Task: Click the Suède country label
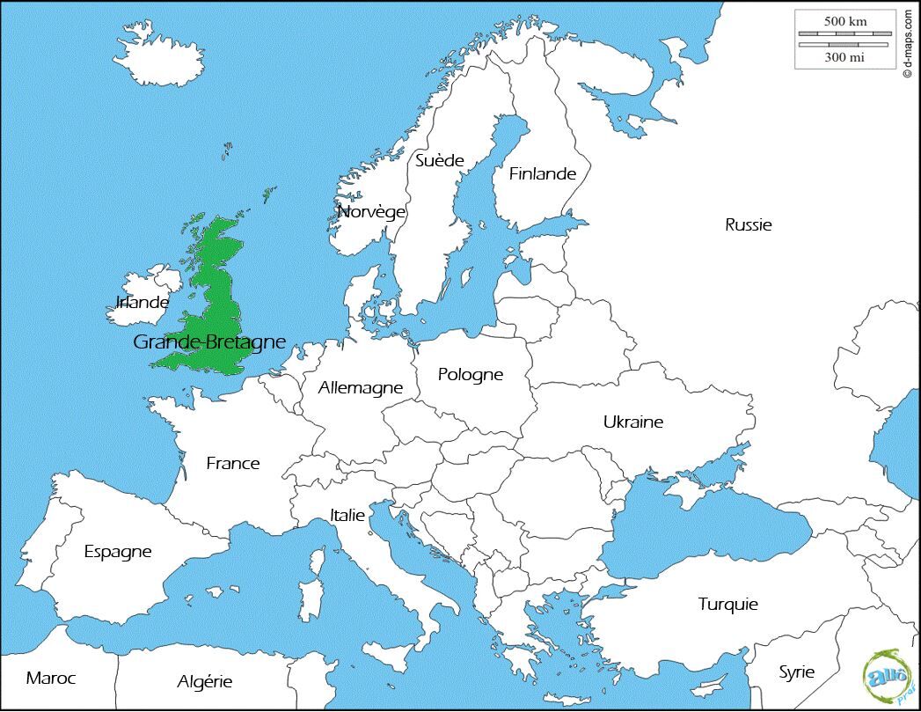point(439,160)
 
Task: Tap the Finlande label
point(543,173)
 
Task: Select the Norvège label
point(372,212)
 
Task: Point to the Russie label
point(749,224)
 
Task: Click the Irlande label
point(143,303)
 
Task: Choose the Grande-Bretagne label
point(209,341)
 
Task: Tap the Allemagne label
point(361,387)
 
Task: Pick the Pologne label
point(471,375)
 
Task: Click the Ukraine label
point(633,422)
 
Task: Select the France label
point(233,463)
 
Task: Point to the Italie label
point(347,515)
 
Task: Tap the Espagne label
point(118,552)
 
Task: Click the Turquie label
point(728,604)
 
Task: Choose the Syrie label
point(797,672)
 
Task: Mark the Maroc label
point(51,678)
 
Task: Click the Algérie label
point(205,681)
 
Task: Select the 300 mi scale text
point(845,57)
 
